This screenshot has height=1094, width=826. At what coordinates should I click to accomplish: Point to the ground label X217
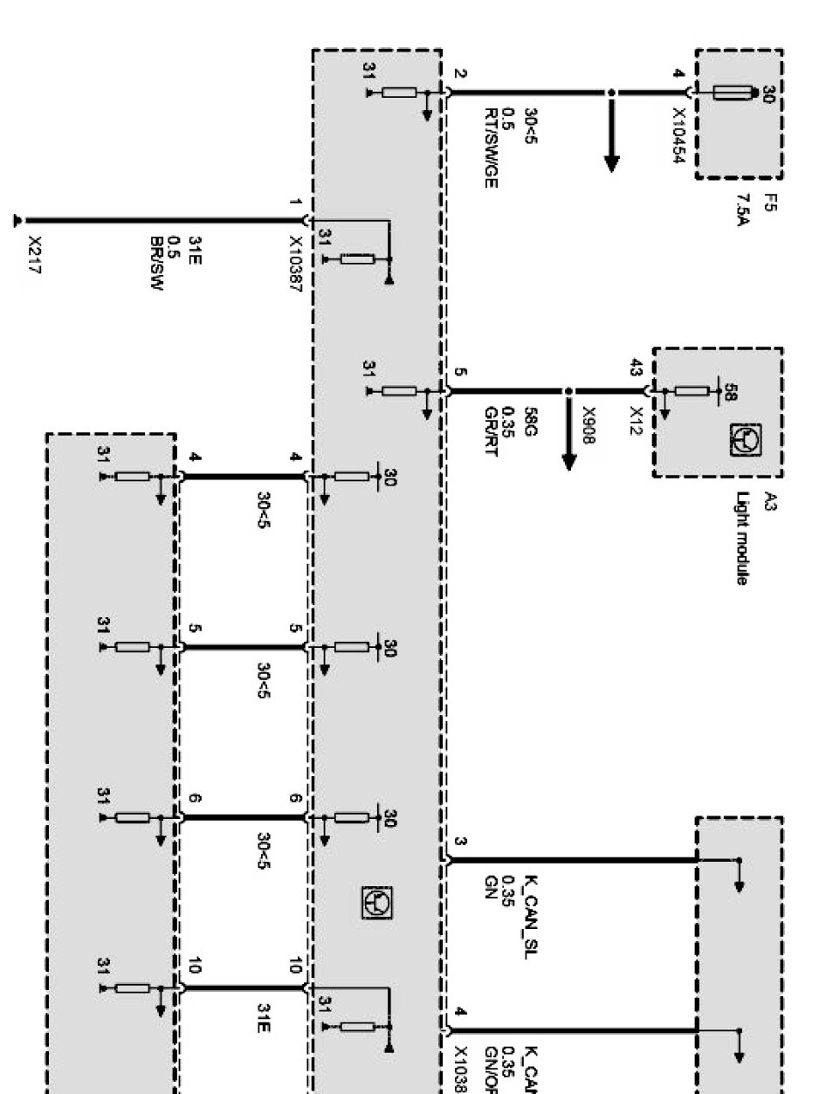pyautogui.click(x=35, y=254)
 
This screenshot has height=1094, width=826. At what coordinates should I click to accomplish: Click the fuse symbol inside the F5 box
pyautogui.click(x=732, y=93)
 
